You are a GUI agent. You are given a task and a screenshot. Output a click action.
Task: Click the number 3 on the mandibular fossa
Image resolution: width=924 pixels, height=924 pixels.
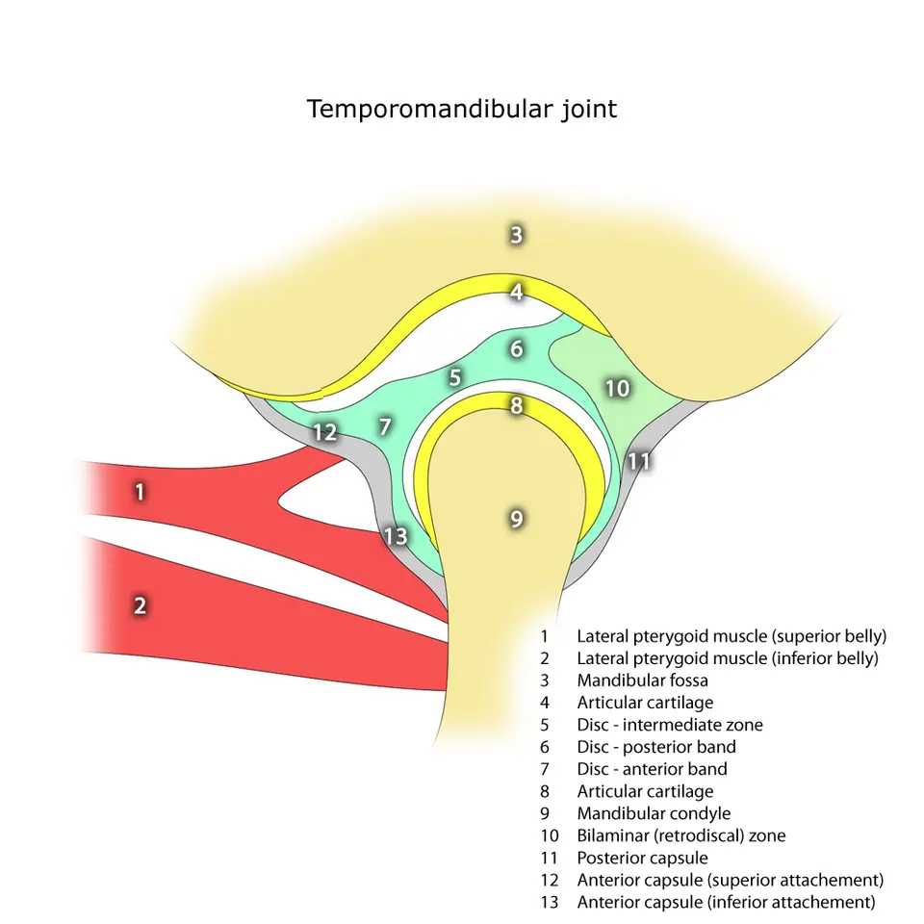pyautogui.click(x=516, y=235)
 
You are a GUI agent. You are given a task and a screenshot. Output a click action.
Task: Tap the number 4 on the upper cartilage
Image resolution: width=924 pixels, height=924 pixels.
pyautogui.click(x=517, y=292)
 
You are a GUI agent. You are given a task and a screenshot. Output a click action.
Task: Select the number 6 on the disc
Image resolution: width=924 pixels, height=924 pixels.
pyautogui.click(x=517, y=348)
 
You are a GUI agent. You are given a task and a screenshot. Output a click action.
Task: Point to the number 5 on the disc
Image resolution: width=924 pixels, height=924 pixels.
pyautogui.click(x=454, y=377)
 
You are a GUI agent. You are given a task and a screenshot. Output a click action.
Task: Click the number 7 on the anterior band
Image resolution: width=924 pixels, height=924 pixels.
pyautogui.click(x=385, y=426)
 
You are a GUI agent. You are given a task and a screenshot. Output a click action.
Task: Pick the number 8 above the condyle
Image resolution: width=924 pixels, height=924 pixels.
pyautogui.click(x=517, y=405)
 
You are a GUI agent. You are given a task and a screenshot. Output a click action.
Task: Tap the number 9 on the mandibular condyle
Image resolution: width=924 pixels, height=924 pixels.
pyautogui.click(x=517, y=519)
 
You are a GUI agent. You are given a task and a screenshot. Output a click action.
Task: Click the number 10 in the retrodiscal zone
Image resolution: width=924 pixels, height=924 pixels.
pyautogui.click(x=618, y=388)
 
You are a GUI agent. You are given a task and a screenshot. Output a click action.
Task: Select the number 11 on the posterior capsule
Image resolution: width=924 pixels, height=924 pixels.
pyautogui.click(x=639, y=461)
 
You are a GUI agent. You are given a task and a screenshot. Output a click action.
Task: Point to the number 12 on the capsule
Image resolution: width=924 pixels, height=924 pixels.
pyautogui.click(x=324, y=432)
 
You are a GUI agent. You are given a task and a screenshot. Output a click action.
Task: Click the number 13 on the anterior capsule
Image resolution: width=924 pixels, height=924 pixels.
pyautogui.click(x=396, y=536)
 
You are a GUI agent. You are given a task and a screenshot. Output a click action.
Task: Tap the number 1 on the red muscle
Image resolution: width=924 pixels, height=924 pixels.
pyautogui.click(x=140, y=492)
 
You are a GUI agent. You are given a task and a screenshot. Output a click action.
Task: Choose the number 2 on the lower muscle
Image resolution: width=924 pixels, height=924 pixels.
pyautogui.click(x=140, y=605)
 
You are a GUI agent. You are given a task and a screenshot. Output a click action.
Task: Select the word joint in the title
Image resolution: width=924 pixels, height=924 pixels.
pyautogui.click(x=589, y=110)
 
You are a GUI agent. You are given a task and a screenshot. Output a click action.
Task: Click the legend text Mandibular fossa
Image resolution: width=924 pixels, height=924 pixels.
pyautogui.click(x=642, y=680)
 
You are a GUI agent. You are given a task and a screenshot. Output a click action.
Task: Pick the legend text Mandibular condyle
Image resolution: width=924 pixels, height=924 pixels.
pyautogui.click(x=654, y=814)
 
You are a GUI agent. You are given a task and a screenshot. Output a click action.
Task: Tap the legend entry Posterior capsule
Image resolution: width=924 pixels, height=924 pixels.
pyautogui.click(x=642, y=858)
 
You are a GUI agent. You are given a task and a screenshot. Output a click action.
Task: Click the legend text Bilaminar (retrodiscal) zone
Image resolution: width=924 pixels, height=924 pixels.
pyautogui.click(x=681, y=835)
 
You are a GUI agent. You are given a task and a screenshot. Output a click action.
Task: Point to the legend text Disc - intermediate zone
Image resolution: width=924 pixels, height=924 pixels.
pyautogui.click(x=670, y=725)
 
